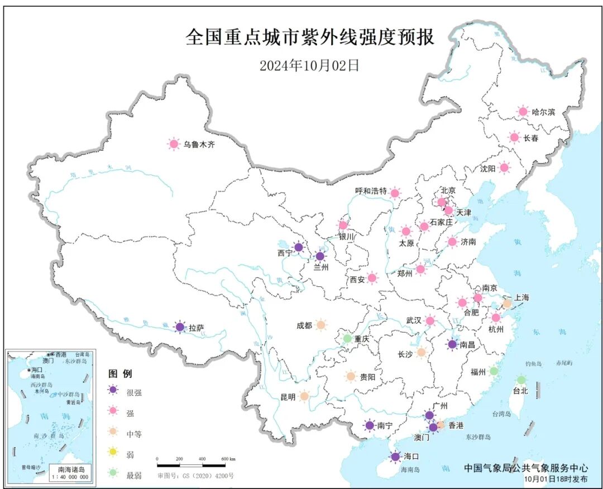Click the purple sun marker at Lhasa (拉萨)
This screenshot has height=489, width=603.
[x=179, y=328]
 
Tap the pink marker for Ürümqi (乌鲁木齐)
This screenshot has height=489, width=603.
[x=174, y=145]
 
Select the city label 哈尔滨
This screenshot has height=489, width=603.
[x=543, y=112]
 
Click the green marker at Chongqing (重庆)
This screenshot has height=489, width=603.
[x=347, y=338]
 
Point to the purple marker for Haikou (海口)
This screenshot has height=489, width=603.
[x=395, y=457]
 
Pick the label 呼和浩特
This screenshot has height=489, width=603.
[x=371, y=191]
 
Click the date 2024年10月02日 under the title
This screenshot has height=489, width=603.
[x=309, y=65]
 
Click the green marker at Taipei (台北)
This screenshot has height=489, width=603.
[x=521, y=380]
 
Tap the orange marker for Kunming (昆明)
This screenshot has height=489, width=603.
[x=304, y=396]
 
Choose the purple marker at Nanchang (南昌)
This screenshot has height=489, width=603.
[x=452, y=344]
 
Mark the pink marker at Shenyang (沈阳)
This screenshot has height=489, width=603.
[x=504, y=167]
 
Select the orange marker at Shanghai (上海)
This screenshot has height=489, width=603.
[x=507, y=304]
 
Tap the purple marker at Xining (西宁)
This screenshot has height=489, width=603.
[x=299, y=247]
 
